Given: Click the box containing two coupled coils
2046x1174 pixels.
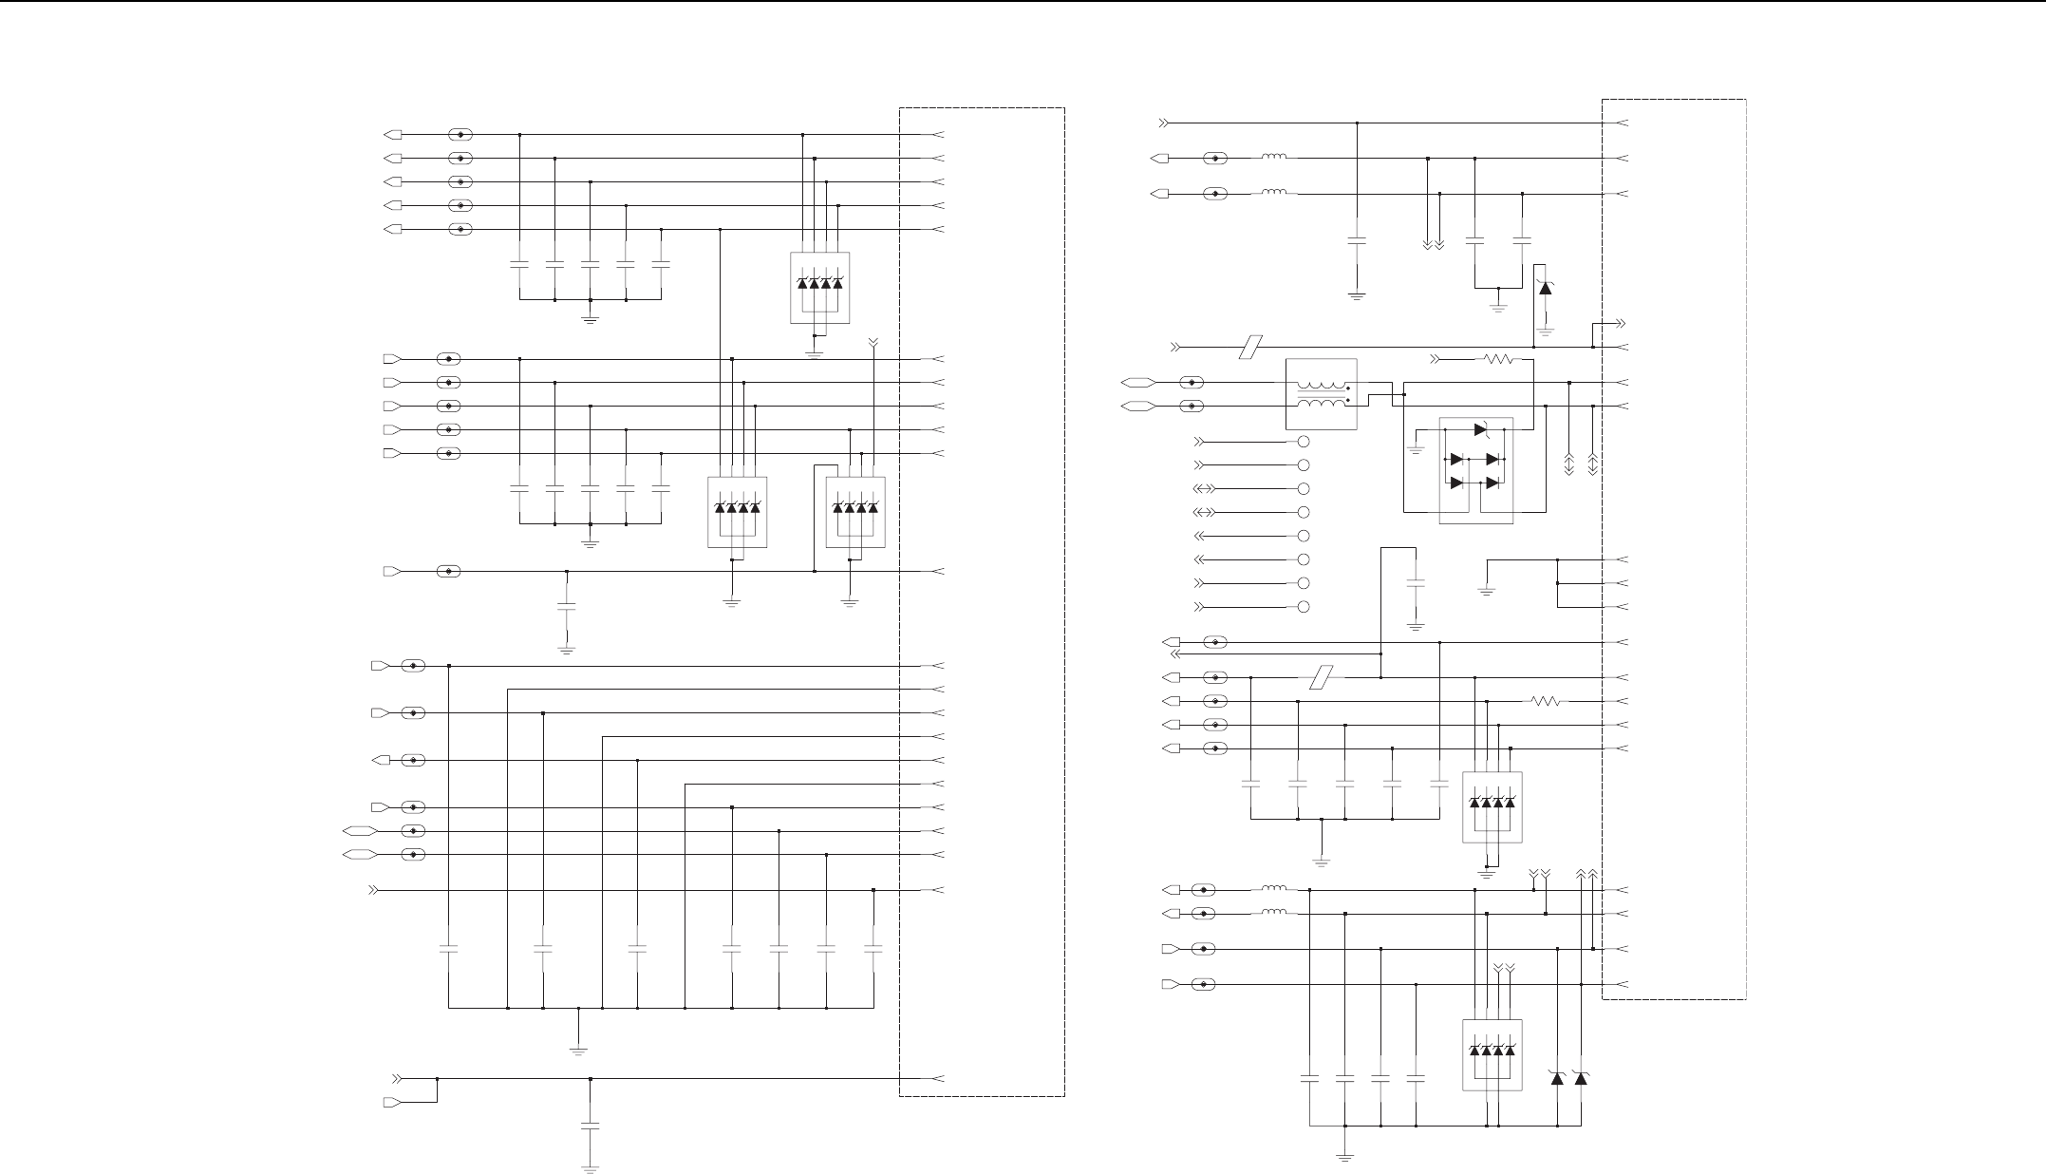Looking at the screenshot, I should click(1321, 394).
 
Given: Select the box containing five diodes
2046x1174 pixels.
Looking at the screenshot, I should click(1475, 470).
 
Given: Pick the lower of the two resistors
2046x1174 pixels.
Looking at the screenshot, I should click(1545, 702).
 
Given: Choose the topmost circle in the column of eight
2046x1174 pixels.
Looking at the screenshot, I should click(1304, 442).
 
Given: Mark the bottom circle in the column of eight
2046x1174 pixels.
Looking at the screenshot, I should click(1304, 607).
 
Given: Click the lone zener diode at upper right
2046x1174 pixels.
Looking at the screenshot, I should click(1545, 287).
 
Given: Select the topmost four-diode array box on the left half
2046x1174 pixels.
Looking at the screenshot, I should click(819, 288).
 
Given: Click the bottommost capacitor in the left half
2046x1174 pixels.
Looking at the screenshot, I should click(591, 1127).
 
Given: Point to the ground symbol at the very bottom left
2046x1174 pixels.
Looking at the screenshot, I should click(591, 1167).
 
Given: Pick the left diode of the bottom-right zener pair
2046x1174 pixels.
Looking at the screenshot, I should click(1557, 1079).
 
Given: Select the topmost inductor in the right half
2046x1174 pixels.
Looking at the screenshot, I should click(1274, 158).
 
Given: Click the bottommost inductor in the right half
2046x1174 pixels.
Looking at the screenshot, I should click(1274, 914).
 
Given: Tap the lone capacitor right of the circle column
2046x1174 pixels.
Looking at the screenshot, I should click(1416, 585).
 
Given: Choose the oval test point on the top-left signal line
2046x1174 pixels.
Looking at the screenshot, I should click(460, 135).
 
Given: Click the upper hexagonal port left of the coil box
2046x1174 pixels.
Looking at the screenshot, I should click(1137, 383).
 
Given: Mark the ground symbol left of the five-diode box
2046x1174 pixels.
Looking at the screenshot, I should click(1416, 449).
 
